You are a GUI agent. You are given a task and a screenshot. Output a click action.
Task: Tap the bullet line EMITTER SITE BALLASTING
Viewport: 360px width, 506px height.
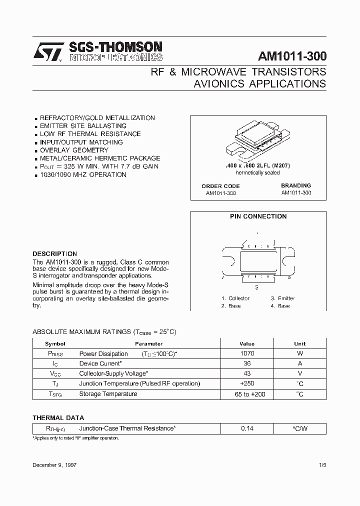click(83, 126)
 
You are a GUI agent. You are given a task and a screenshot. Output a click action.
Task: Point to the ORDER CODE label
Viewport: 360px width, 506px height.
click(220, 186)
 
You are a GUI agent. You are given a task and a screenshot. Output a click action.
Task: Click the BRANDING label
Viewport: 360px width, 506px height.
click(296, 185)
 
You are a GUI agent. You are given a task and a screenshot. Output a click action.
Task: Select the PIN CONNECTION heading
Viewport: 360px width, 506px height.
click(258, 216)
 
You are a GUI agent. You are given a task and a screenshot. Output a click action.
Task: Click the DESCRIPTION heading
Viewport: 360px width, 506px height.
click(54, 254)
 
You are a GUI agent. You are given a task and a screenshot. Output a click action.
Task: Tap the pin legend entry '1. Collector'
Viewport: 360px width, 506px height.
click(235, 298)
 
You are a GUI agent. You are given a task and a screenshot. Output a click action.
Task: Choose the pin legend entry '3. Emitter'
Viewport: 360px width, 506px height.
click(283, 298)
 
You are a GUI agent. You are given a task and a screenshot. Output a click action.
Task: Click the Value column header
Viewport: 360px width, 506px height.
click(247, 344)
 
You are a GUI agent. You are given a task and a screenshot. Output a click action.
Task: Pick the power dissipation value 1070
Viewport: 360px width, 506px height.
click(247, 353)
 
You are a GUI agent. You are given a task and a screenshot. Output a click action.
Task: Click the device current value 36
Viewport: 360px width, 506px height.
click(247, 363)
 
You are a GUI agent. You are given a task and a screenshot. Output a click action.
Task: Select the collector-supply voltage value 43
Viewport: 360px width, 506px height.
click(247, 373)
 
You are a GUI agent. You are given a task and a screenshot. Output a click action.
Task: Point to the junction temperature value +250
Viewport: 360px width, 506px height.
click(247, 383)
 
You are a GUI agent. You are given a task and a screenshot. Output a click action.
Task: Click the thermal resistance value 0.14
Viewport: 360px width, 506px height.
click(247, 428)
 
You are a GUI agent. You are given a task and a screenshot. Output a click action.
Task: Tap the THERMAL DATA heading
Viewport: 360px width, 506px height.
click(58, 417)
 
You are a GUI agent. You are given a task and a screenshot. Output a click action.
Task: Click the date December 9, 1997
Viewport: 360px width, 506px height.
click(54, 465)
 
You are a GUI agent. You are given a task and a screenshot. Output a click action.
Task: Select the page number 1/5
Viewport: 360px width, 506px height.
click(322, 465)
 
